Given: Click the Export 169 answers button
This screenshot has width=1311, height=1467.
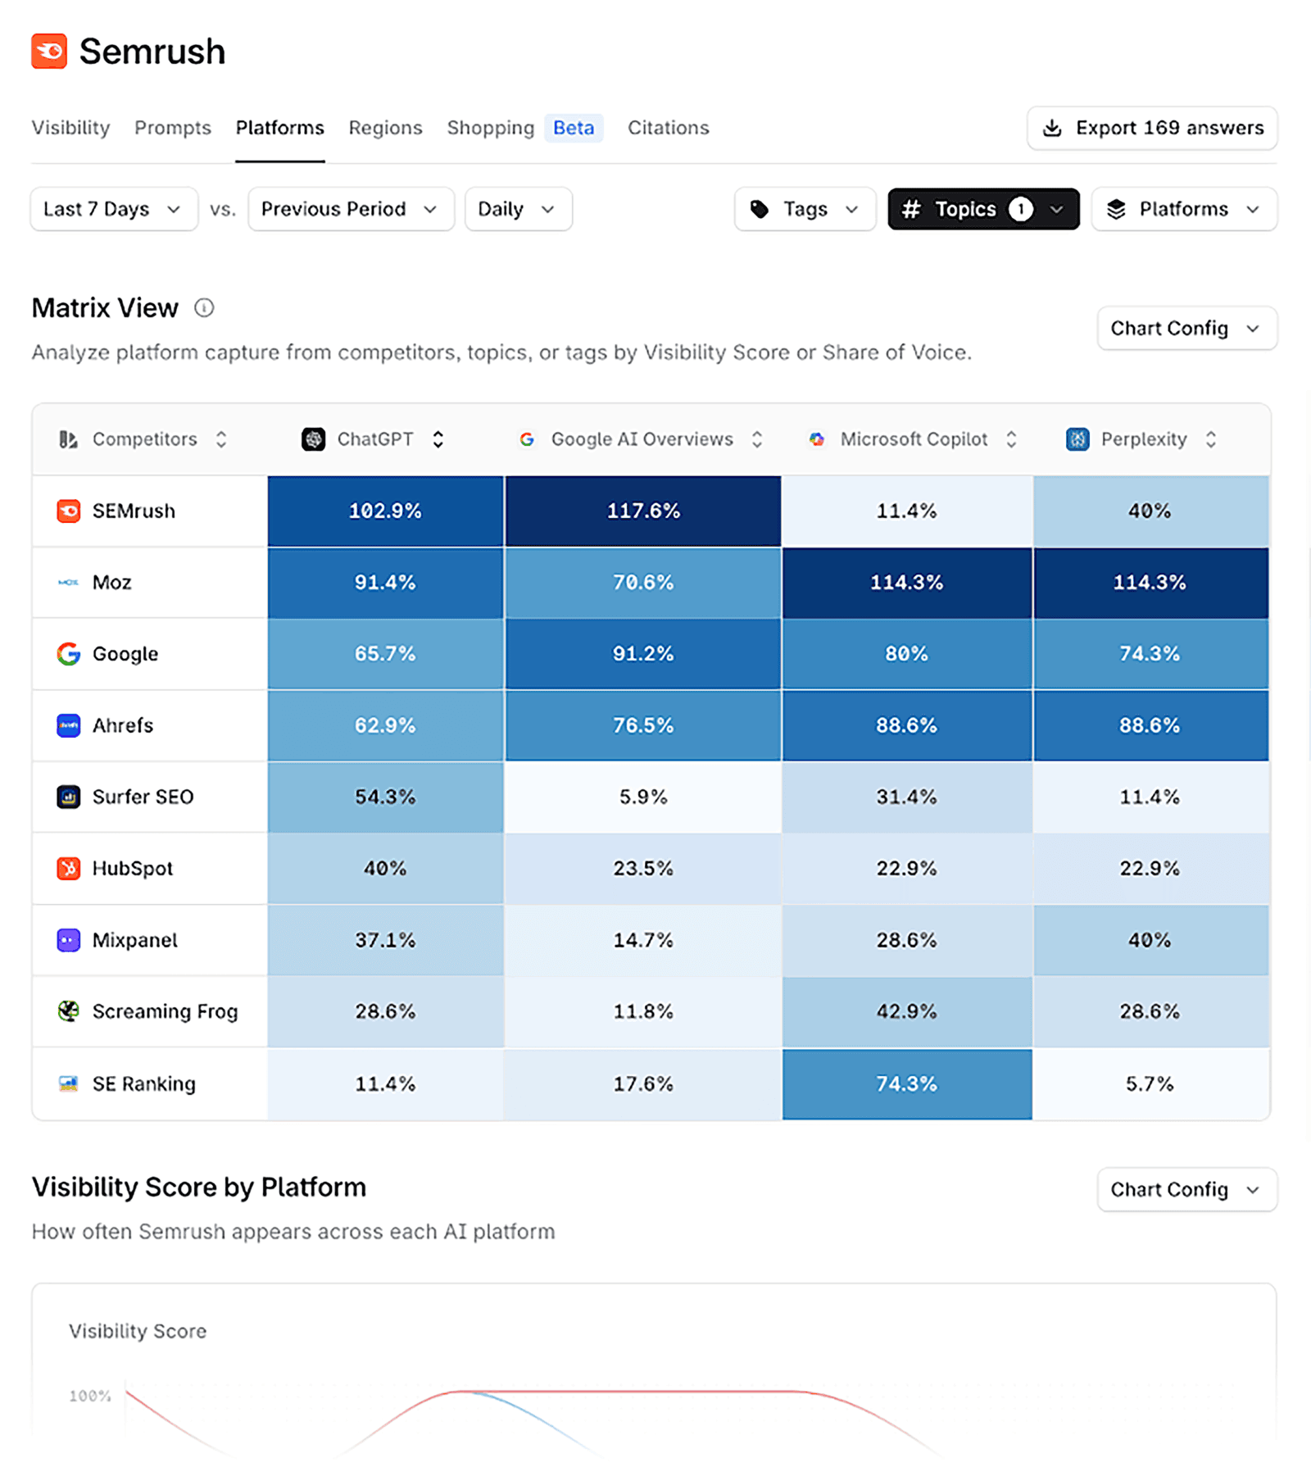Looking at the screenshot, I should tap(1151, 128).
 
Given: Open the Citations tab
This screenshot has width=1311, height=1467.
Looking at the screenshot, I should tap(668, 128).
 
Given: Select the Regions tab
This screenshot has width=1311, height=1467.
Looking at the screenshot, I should tap(385, 128).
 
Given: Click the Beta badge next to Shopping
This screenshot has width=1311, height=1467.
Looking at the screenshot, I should tap(574, 128).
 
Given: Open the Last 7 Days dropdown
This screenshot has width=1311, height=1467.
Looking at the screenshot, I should tap(113, 209).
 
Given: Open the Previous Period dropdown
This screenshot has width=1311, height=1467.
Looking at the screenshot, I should tap(350, 209).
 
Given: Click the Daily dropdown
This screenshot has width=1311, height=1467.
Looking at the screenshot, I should tap(517, 209).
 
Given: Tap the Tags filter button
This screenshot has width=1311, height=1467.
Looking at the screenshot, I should tap(805, 209).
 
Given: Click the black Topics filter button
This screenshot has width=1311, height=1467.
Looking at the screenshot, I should tap(982, 209).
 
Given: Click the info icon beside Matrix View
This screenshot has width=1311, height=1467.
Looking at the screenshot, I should tap(204, 308).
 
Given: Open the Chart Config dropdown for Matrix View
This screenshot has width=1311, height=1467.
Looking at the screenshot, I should tap(1186, 329).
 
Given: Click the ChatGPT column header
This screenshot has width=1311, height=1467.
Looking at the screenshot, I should tap(374, 439).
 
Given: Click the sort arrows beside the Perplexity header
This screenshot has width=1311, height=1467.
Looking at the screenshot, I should tap(1211, 439).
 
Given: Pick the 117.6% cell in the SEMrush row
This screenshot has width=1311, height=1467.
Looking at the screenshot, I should tap(643, 511).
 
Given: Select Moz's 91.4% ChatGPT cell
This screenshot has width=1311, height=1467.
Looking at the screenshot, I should tap(385, 583).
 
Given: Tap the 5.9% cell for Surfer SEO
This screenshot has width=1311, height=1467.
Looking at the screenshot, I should tap(643, 797).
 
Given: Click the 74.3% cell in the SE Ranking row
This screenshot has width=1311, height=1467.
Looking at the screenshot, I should tap(906, 1083).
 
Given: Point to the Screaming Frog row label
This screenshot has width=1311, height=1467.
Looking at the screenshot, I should tap(165, 1011).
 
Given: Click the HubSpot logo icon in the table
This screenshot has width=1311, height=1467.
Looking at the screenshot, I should tap(69, 868).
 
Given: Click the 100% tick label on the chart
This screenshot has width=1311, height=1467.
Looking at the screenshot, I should tap(90, 1396).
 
